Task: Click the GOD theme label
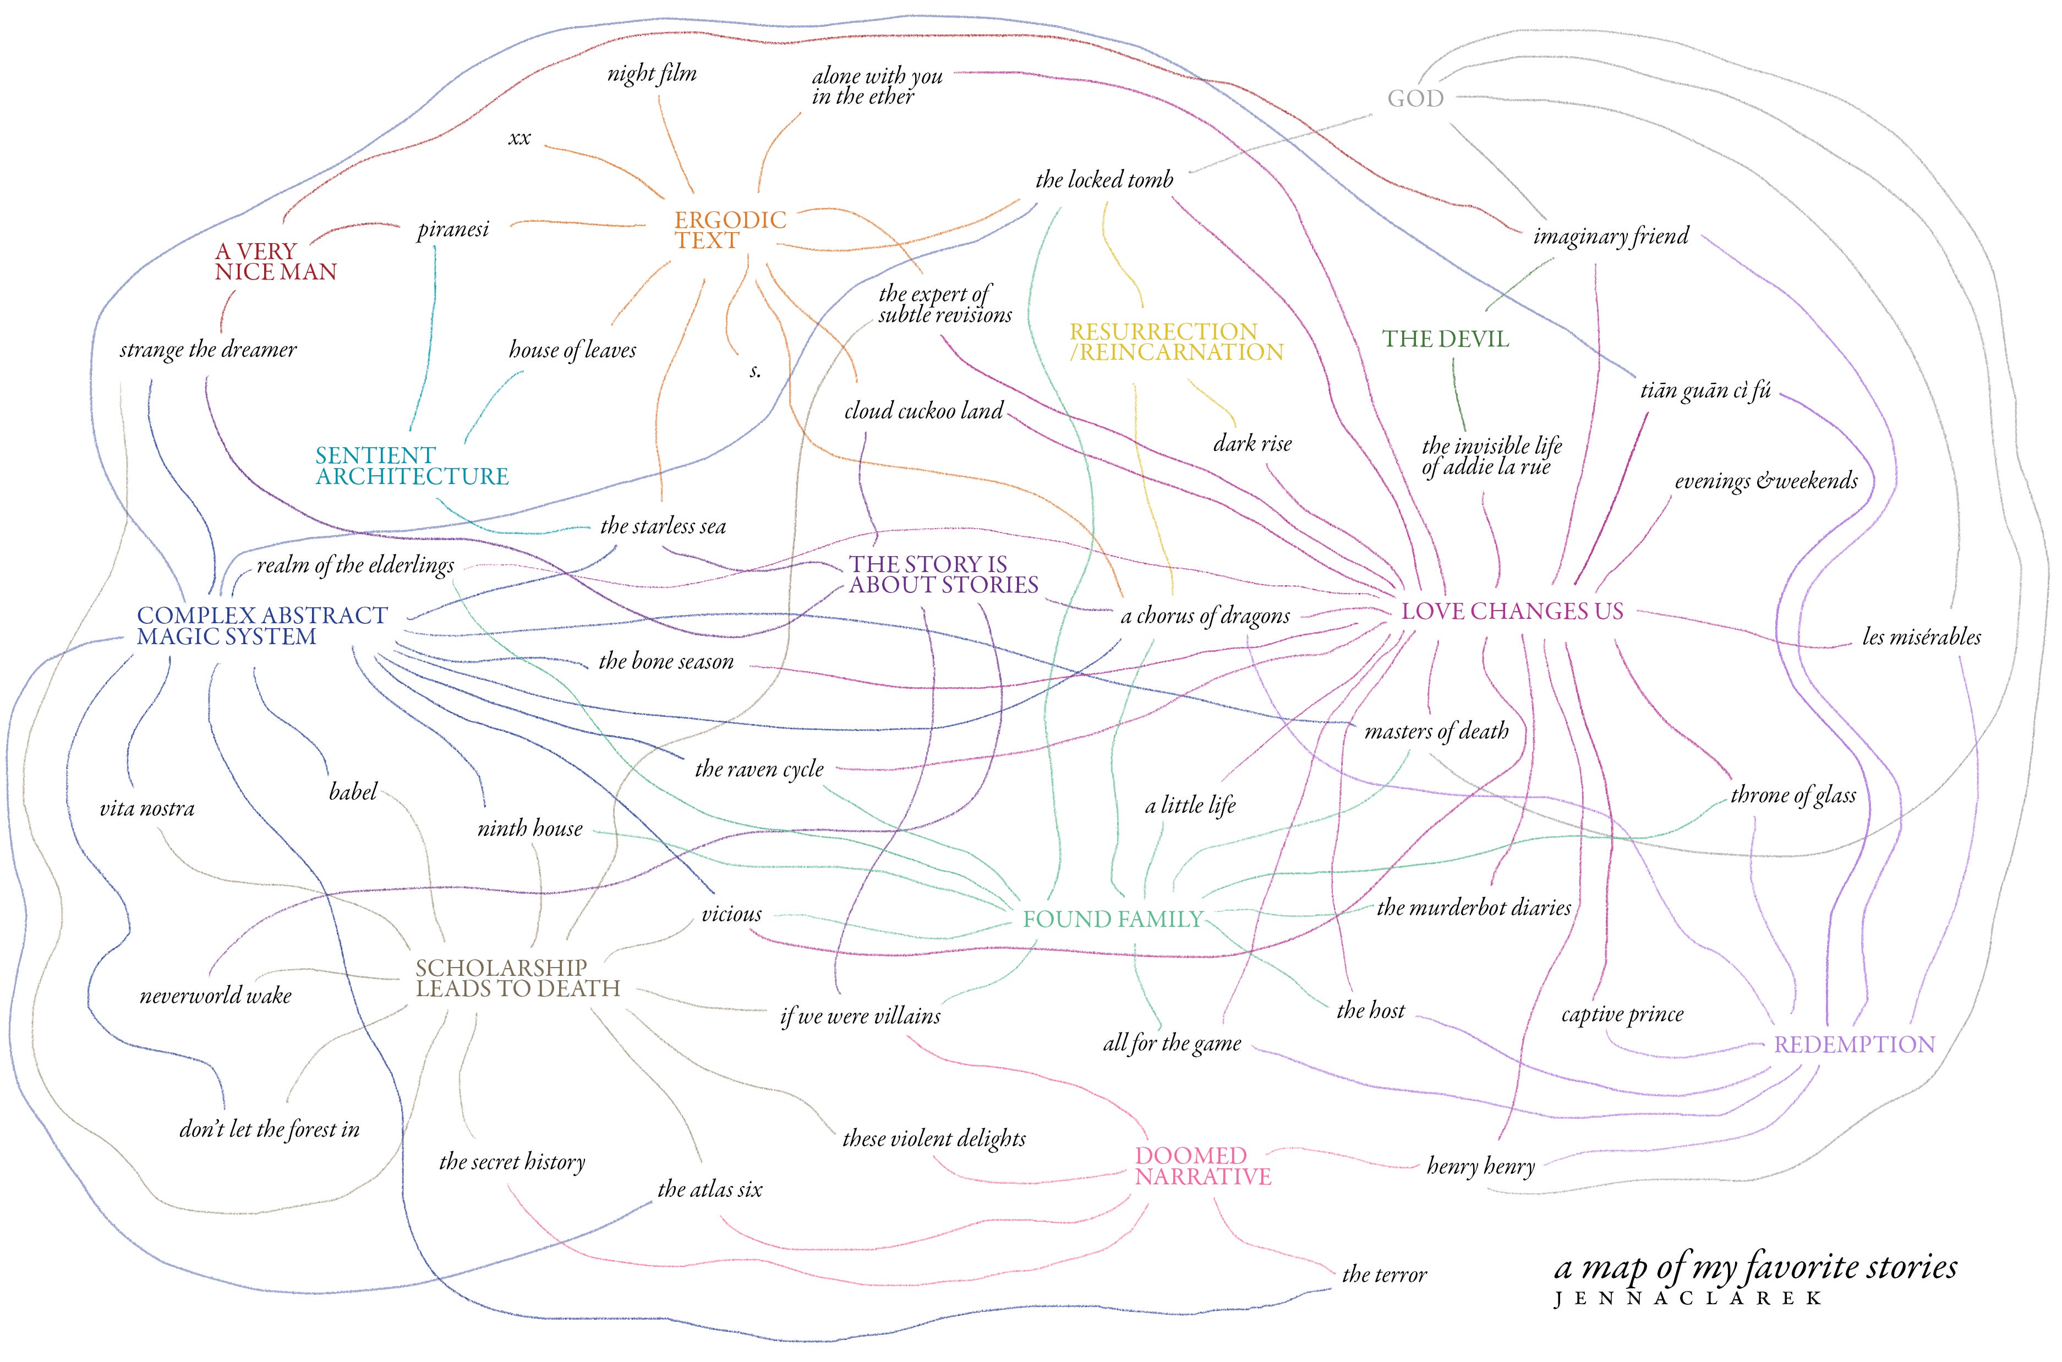(1415, 98)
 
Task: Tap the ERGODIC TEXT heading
(730, 230)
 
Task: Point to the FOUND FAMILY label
(1112, 919)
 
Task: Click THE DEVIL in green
(1445, 339)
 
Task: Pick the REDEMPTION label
(1855, 1044)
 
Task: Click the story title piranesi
(453, 229)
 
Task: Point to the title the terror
(1384, 1275)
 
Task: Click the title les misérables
(1921, 636)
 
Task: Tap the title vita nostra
(147, 809)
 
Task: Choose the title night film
(652, 74)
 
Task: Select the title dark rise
(1252, 444)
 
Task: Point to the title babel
(353, 792)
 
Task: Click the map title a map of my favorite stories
(1755, 1268)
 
